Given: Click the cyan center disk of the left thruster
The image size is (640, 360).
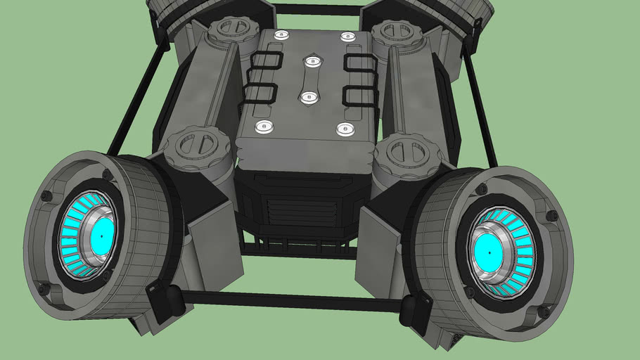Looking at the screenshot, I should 103,237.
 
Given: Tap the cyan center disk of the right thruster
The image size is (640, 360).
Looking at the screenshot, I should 487,250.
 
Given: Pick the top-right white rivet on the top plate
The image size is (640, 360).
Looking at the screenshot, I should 346,36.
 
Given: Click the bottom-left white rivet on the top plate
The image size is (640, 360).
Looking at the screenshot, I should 264,127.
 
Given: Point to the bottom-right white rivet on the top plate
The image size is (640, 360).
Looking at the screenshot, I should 345,129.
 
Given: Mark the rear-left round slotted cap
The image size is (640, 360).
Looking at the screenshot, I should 229,28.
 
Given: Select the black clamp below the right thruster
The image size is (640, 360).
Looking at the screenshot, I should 416,309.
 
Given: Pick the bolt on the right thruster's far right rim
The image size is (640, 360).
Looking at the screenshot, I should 552,215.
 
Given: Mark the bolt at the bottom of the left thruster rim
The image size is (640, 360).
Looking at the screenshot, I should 44,288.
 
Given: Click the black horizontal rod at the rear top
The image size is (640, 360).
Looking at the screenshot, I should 316,10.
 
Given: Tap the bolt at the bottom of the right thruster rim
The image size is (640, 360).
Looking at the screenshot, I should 543,311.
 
